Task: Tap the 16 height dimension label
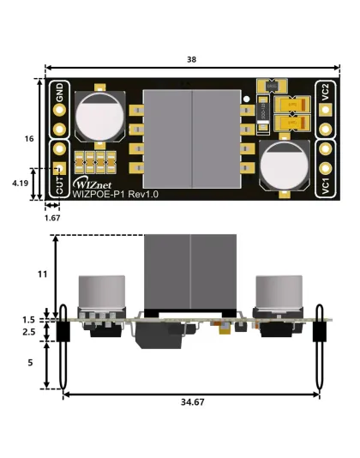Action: click(29, 138)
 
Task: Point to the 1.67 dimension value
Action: click(51, 219)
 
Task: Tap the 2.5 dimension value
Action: click(29, 331)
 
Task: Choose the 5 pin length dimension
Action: click(29, 363)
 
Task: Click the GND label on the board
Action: click(60, 92)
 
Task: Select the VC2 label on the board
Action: click(326, 93)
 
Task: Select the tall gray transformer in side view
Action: click(190, 273)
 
